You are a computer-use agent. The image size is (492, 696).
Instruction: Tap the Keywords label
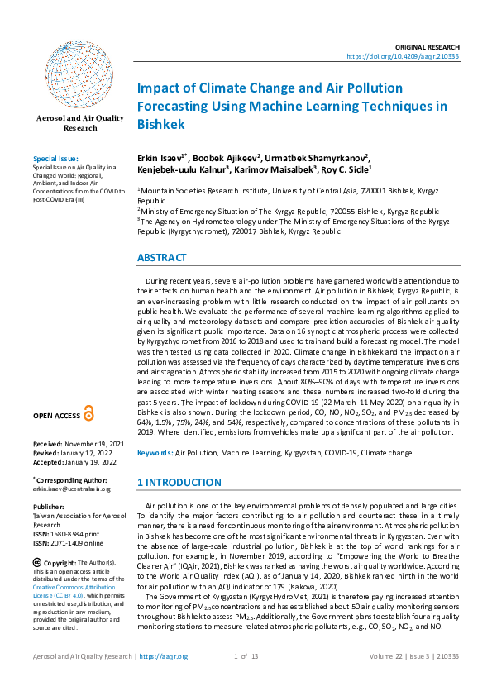(x=155, y=454)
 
